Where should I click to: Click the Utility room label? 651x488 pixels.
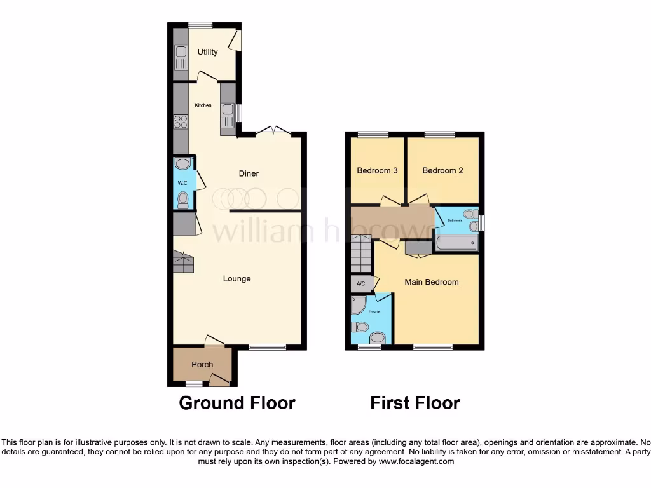pyautogui.click(x=207, y=52)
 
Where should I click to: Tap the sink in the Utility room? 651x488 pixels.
pyautogui.click(x=181, y=58)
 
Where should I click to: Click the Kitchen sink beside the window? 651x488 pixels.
pyautogui.click(x=228, y=114)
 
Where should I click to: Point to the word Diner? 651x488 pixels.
pyautogui.click(x=249, y=173)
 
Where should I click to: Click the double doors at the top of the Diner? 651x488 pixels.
pyautogui.click(x=273, y=132)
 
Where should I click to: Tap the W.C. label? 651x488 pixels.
pyautogui.click(x=183, y=184)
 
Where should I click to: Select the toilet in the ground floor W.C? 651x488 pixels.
pyautogui.click(x=183, y=200)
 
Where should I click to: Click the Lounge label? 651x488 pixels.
pyautogui.click(x=236, y=278)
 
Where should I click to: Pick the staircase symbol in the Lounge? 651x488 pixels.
pyautogui.click(x=183, y=262)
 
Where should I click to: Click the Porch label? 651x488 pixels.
pyautogui.click(x=202, y=364)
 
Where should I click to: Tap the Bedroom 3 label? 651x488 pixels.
pyautogui.click(x=377, y=170)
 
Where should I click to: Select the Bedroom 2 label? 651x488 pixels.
pyautogui.click(x=442, y=170)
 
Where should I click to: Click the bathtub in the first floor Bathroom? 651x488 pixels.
pyautogui.click(x=456, y=243)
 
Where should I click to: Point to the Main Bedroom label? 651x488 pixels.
pyautogui.click(x=432, y=281)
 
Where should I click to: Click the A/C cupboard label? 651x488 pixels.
pyautogui.click(x=360, y=283)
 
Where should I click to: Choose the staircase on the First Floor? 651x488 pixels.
pyautogui.click(x=361, y=253)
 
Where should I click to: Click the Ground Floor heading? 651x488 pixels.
pyautogui.click(x=237, y=403)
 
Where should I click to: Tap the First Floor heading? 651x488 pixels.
pyautogui.click(x=415, y=403)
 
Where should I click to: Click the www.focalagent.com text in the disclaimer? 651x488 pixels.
pyautogui.click(x=416, y=462)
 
